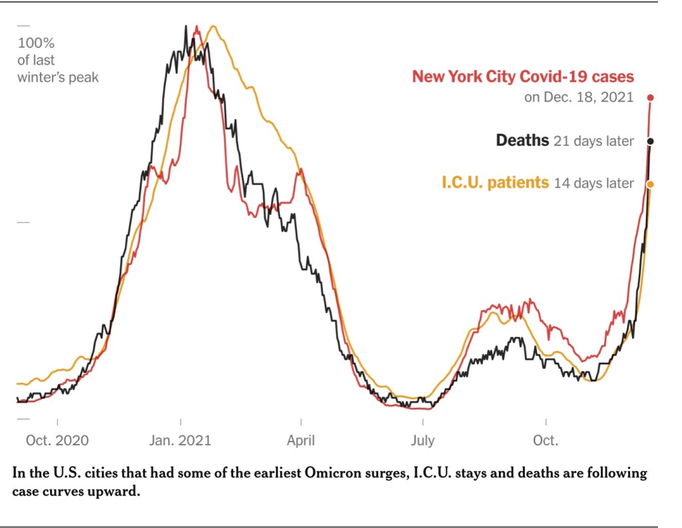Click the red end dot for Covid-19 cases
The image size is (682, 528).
651,98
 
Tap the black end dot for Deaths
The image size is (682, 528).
651,141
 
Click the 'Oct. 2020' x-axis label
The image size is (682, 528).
57,441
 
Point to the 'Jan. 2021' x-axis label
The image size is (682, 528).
180,441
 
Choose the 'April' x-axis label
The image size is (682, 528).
301,441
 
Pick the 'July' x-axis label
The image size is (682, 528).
423,441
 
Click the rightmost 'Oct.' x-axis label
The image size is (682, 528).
545,441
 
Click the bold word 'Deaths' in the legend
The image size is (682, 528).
522,140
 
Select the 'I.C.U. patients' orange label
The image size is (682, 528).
496,182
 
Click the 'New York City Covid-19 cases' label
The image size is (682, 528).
523,76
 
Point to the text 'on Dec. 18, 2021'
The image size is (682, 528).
579,97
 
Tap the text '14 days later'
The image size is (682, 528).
593,183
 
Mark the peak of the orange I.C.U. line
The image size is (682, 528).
213,27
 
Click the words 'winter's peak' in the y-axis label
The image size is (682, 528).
58,77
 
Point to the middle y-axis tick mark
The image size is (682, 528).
23,222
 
